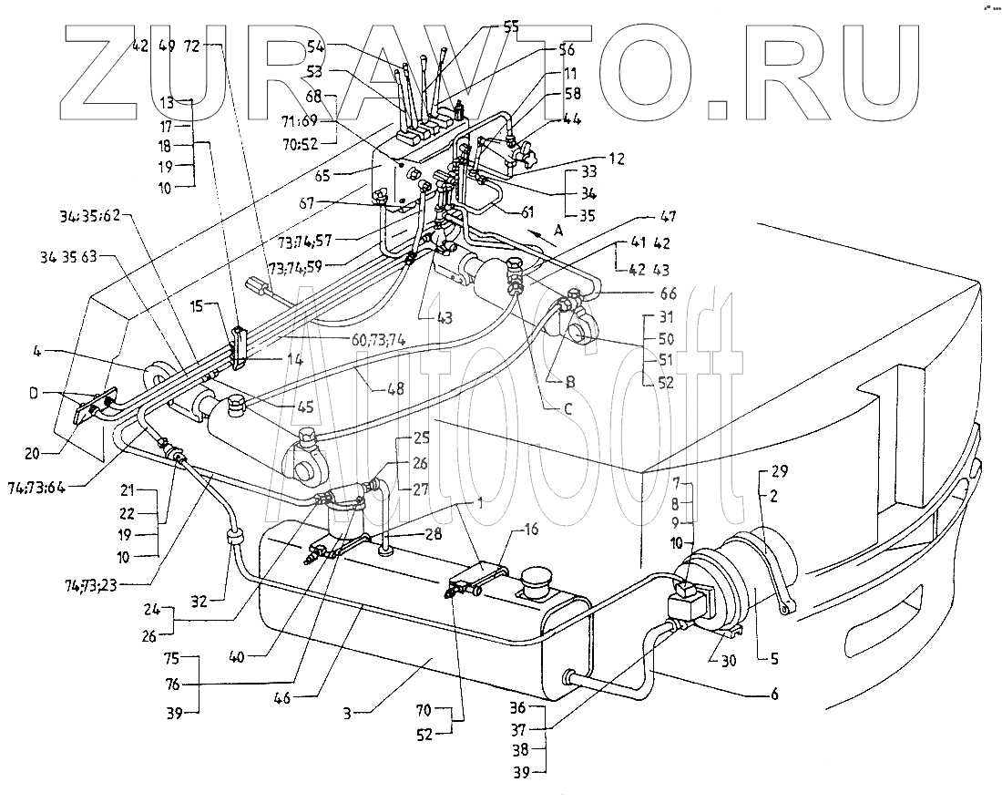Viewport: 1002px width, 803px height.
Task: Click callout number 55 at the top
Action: [510, 27]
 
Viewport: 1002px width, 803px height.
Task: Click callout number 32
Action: [199, 601]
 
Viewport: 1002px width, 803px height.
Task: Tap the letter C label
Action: [567, 408]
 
